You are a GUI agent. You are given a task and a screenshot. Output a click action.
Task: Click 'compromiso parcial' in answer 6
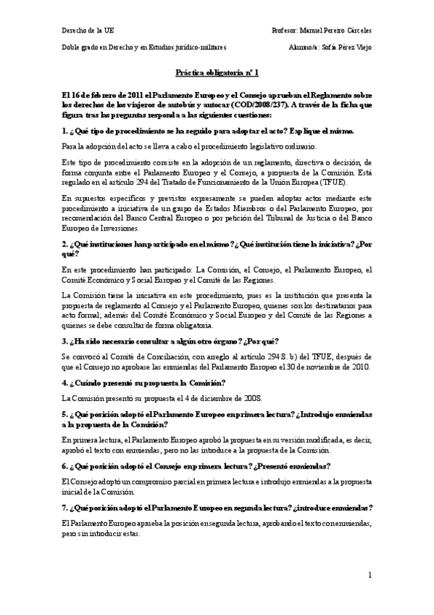coord(138,481)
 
